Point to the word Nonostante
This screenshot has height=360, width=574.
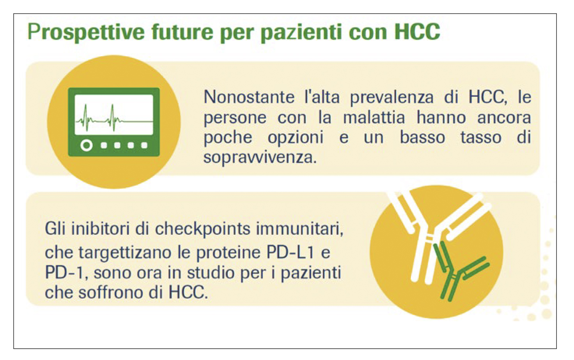pyautogui.click(x=249, y=97)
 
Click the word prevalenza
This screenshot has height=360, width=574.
pyautogui.click(x=391, y=97)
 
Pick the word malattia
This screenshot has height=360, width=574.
pyautogui.click(x=374, y=117)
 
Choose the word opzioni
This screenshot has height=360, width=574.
pyautogui.click(x=296, y=138)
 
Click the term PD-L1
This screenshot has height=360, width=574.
pyautogui.click(x=292, y=252)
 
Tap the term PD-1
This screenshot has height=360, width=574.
pyautogui.click(x=64, y=272)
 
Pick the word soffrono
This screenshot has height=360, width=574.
pyautogui.click(x=112, y=292)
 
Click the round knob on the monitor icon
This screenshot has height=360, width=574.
pyautogui.click(x=87, y=145)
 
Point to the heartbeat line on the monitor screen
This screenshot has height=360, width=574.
pyautogui.click(x=113, y=117)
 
